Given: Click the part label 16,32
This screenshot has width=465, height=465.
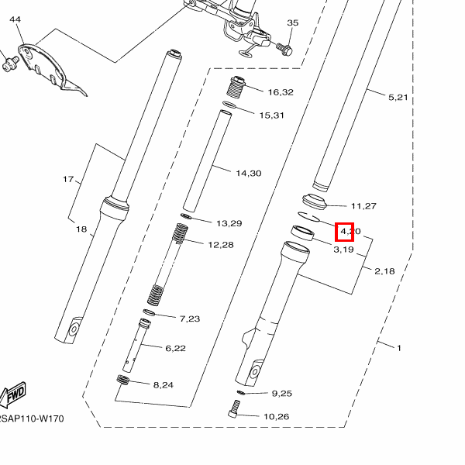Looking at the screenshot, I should point(281,92).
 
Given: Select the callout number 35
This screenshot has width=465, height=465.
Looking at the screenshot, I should point(292,23).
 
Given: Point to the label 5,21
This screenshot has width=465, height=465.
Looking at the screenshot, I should point(398,97).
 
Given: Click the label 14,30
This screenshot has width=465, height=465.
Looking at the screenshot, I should point(248,173).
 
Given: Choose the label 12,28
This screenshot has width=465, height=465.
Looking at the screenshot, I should point(220,244).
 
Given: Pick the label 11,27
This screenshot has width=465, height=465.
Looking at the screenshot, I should point(363,205).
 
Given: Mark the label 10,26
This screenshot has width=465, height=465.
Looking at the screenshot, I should point(276,417).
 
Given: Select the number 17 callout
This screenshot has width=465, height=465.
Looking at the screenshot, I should point(68,180).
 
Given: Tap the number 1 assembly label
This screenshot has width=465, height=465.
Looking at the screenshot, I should point(399,348).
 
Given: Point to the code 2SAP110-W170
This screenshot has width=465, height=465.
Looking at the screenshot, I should point(31,419).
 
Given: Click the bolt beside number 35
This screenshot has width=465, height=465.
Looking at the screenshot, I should point(284,48).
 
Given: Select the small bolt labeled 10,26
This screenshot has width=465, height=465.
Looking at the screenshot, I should point(236,412).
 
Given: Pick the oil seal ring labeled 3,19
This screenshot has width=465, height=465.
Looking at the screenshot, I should point(302,232).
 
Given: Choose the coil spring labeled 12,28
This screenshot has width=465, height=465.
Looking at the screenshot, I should point(168,263).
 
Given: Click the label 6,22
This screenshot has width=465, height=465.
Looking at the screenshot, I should point(175,348).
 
